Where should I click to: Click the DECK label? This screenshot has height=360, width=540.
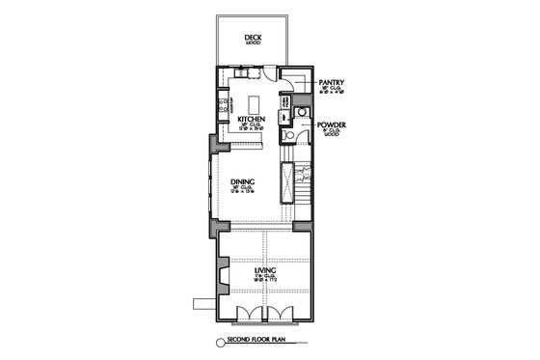[254, 38]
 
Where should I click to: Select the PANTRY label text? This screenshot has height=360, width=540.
[334, 84]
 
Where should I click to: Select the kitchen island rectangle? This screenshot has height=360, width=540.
[256, 103]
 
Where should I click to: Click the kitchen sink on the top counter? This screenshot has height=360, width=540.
[243, 71]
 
